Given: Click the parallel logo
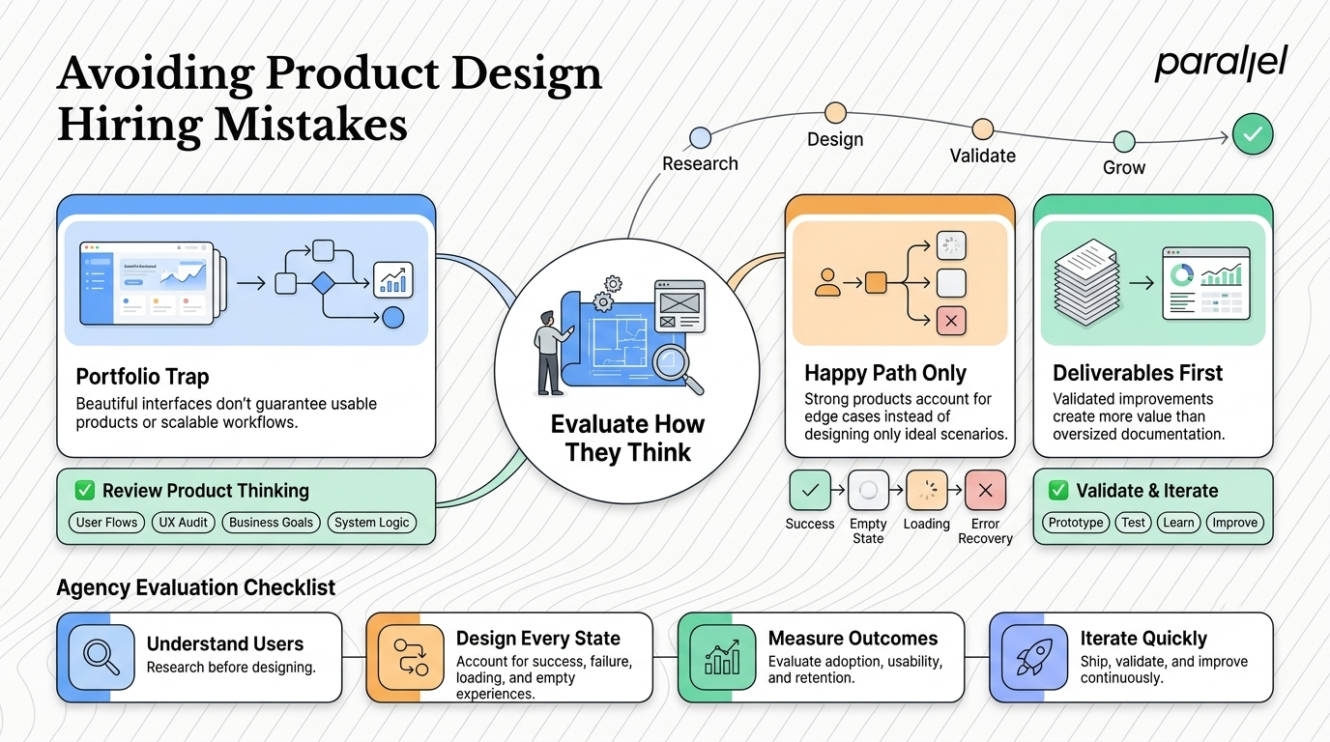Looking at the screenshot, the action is [1221, 63].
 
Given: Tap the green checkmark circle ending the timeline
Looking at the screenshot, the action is [1253, 134].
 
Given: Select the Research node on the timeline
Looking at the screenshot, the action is [701, 138].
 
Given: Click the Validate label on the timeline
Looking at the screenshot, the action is [983, 156].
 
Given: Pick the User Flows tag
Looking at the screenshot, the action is [107, 523].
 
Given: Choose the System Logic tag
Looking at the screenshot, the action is [372, 523].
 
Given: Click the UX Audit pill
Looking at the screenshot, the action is [183, 523].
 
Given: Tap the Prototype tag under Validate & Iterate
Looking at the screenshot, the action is [1075, 523].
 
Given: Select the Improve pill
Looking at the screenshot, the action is [1235, 523].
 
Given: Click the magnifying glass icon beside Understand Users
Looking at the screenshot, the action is [101, 657].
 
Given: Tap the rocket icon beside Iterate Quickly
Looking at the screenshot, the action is [1034, 657].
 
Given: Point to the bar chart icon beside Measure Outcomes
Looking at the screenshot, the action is [723, 657].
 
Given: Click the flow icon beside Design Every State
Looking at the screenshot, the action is [411, 657].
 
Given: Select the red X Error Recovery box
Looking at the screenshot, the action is [985, 490].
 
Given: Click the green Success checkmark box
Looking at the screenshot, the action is [810, 490].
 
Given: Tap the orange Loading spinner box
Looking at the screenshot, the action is [926, 490].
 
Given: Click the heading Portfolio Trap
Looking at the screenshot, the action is [142, 377].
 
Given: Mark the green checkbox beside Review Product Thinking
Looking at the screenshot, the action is [85, 490].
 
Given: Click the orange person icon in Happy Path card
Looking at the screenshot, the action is [827, 282].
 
